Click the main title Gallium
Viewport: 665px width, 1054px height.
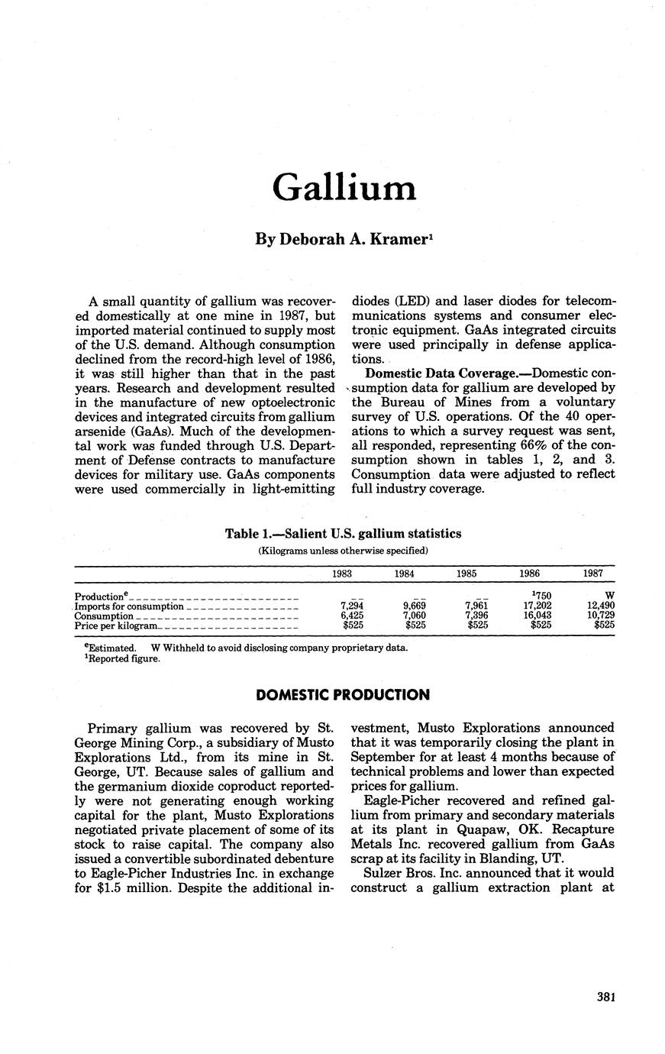coord(344,187)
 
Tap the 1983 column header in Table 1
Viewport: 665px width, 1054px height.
coord(343,574)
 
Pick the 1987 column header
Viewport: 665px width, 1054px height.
coord(592,574)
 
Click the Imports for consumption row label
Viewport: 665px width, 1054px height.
coord(128,606)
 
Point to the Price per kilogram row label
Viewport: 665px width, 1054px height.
coord(116,626)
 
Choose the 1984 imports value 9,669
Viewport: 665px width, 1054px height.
coord(413,606)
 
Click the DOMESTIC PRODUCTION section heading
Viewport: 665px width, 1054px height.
coord(343,695)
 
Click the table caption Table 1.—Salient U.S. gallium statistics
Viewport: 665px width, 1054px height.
coord(343,534)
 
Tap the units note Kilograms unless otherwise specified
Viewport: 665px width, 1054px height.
coord(343,550)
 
